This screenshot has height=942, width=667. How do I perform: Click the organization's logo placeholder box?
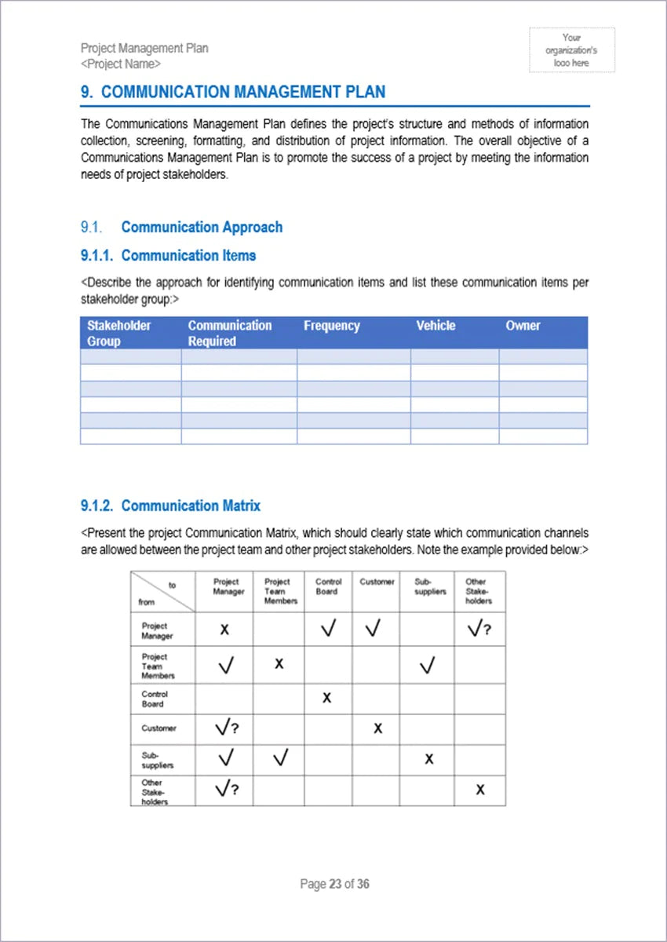pyautogui.click(x=571, y=50)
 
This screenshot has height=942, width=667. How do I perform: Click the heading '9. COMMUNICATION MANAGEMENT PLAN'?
pyautogui.click(x=233, y=92)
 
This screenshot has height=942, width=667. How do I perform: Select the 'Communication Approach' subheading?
pyautogui.click(x=202, y=227)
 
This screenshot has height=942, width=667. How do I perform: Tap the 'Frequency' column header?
pyautogui.click(x=331, y=326)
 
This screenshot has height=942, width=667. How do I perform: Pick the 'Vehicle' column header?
pyautogui.click(x=436, y=326)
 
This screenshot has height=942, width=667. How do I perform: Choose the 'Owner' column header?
pyautogui.click(x=523, y=326)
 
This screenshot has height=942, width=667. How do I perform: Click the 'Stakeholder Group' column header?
pyautogui.click(x=119, y=333)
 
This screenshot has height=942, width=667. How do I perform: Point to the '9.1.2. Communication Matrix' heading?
pyautogui.click(x=170, y=506)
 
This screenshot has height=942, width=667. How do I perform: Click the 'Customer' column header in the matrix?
pyautogui.click(x=377, y=582)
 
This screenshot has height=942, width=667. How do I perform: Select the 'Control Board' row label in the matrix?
pyautogui.click(x=155, y=699)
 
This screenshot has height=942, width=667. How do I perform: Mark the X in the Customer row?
pyautogui.click(x=377, y=728)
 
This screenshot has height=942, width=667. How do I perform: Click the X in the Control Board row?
pyautogui.click(x=327, y=697)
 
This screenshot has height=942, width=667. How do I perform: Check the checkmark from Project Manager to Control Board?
pyautogui.click(x=329, y=629)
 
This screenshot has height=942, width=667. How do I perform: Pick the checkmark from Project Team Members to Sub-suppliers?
pyautogui.click(x=427, y=666)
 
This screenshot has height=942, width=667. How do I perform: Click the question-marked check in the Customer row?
pyautogui.click(x=227, y=728)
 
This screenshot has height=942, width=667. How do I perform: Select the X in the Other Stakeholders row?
pyautogui.click(x=479, y=790)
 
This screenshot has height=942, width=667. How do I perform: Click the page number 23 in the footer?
pyautogui.click(x=335, y=884)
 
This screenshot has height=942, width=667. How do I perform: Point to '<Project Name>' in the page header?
pyautogui.click(x=121, y=64)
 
